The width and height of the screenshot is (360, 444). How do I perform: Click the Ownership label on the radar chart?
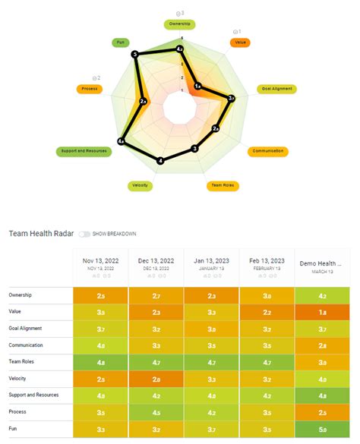point(180,24)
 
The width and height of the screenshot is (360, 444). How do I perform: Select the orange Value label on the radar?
point(241,43)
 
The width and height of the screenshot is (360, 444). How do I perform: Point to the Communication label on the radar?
point(269,151)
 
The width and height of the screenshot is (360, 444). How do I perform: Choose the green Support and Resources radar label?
point(84,151)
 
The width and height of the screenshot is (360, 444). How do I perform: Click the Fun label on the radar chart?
point(119,43)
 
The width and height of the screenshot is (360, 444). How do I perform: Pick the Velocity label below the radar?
point(139,185)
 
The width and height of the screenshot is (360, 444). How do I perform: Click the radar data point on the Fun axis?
point(135,55)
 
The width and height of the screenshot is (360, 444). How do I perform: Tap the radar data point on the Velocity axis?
point(159,161)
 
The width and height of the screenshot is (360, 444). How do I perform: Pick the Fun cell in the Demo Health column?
point(323,430)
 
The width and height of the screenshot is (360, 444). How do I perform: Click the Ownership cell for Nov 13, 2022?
point(100,294)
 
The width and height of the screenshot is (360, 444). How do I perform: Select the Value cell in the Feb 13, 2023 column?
point(267,311)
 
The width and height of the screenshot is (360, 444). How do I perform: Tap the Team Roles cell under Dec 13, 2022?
point(156,362)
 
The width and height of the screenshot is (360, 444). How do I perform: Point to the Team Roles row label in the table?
point(24,362)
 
